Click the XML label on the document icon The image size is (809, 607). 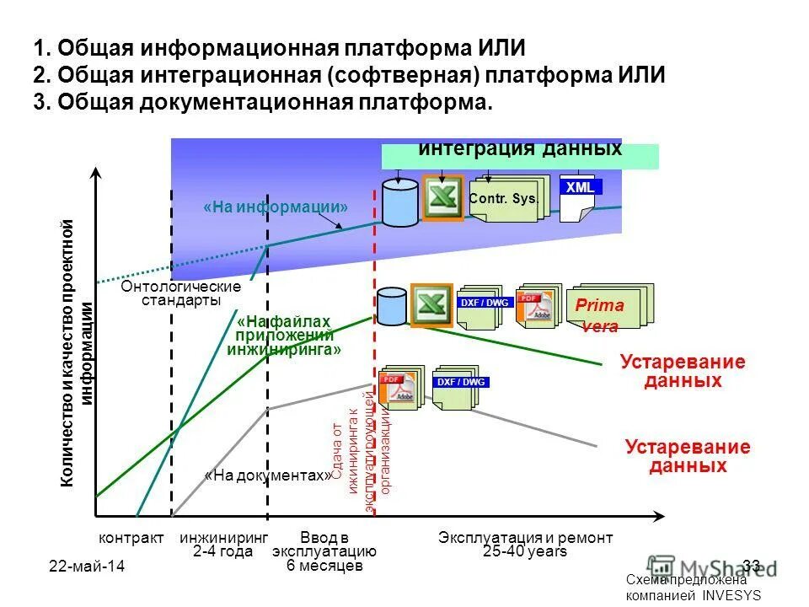580,187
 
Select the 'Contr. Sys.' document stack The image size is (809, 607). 504,200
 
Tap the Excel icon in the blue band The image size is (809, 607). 442,198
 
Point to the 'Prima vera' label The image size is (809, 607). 599,314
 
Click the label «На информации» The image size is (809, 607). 276,207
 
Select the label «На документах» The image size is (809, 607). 268,475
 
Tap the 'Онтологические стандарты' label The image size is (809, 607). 181,293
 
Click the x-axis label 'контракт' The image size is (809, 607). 131,538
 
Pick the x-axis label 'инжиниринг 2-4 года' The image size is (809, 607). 223,545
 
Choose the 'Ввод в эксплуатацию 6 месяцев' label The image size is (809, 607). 324,551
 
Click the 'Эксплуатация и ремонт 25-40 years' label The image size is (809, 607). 526,545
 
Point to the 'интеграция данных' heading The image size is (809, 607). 520,150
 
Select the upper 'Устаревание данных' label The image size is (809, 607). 683,372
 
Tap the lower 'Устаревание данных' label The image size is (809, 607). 688,456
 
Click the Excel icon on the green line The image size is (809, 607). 431,304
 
